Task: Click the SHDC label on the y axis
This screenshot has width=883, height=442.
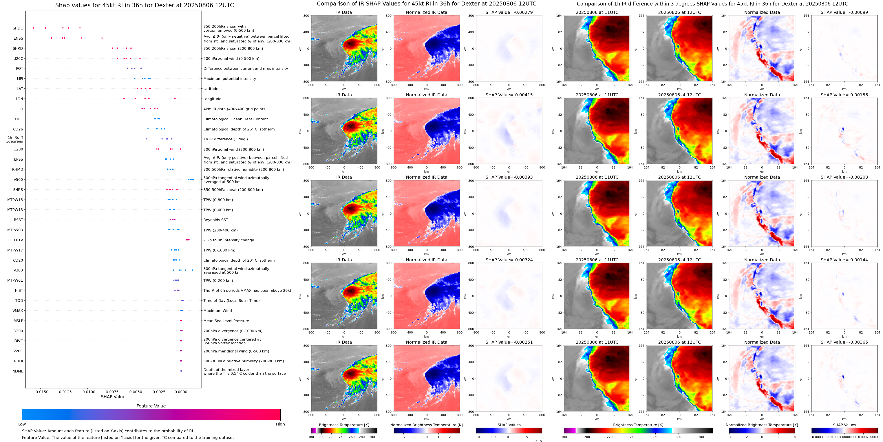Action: [18, 28]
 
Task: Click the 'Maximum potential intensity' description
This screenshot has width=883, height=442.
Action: [230, 79]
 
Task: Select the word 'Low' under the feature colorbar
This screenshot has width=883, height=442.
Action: [22, 424]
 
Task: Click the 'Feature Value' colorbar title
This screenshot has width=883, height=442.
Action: [151, 406]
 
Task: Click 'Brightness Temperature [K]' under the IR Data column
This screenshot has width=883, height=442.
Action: [344, 425]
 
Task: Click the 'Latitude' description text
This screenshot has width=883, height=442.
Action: [211, 89]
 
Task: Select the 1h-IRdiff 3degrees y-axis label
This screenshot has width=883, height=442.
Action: [15, 139]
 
